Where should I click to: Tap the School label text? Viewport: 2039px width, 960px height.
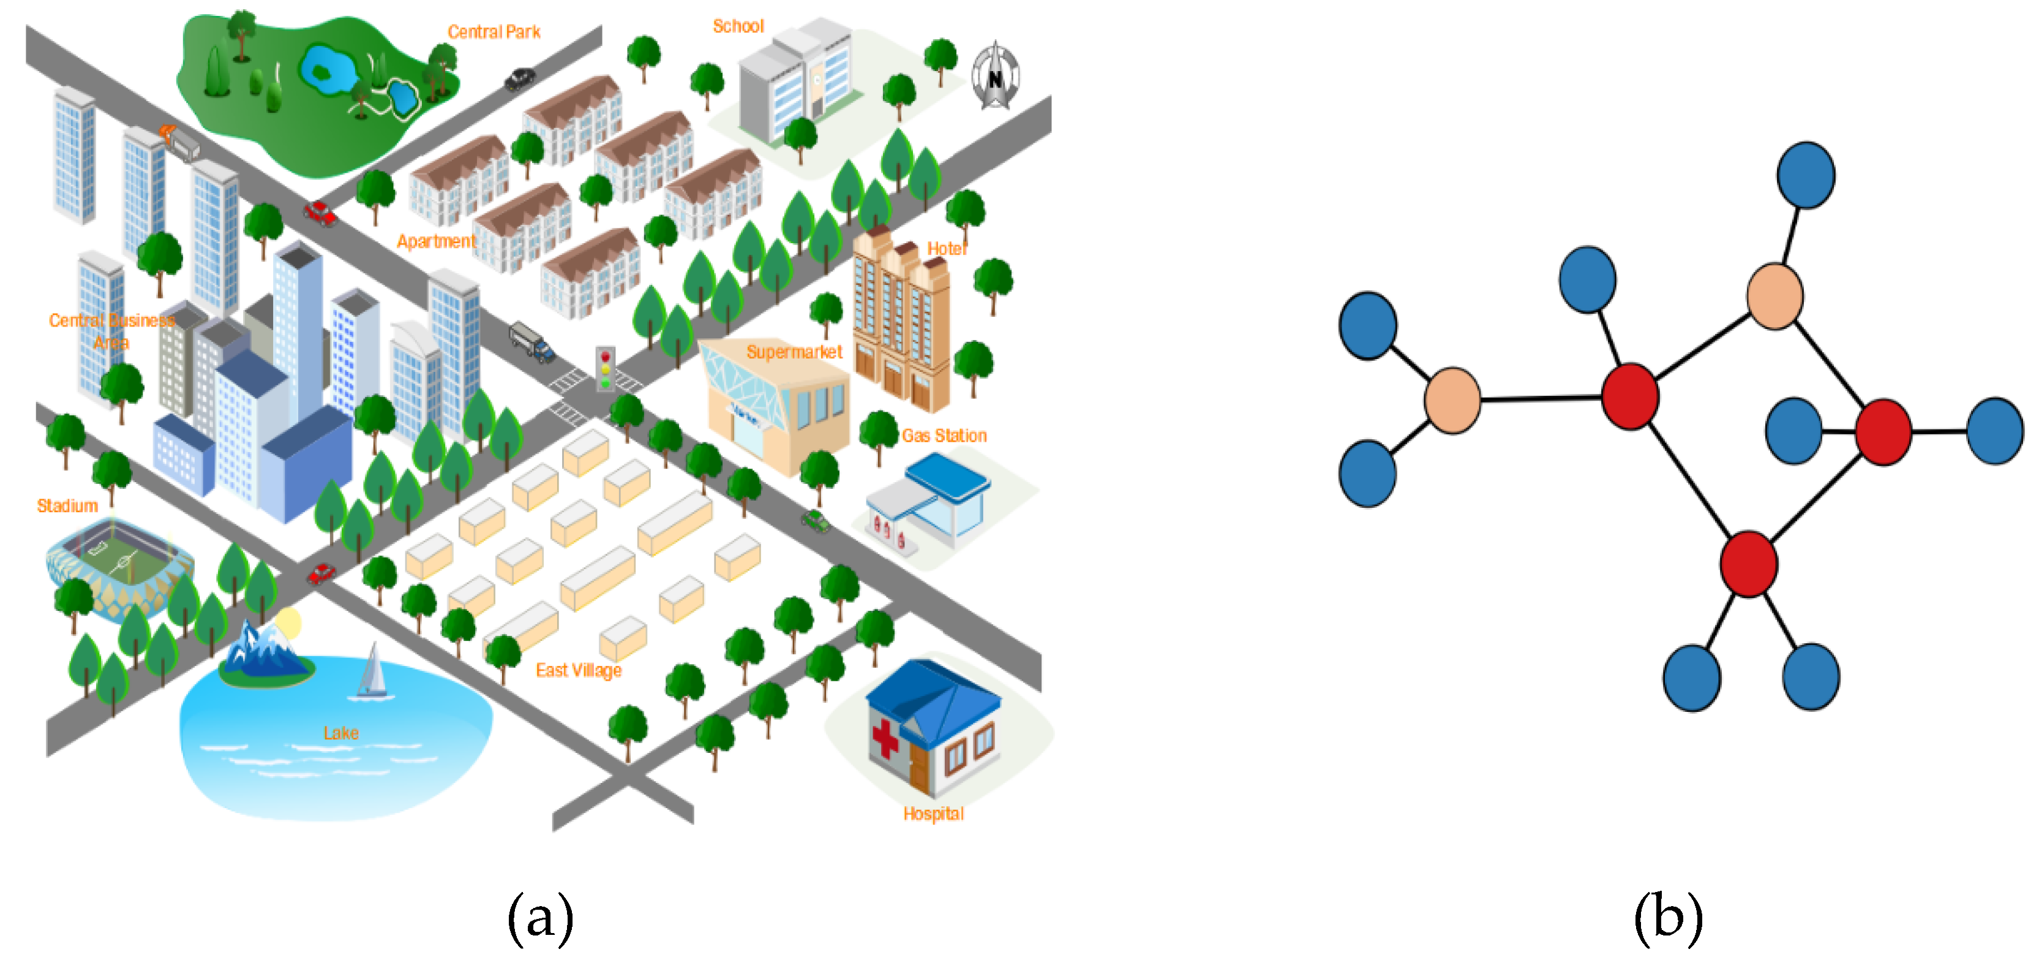click(x=738, y=26)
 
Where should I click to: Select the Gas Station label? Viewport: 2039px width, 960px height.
click(x=944, y=436)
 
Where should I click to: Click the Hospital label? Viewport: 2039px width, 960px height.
click(x=933, y=814)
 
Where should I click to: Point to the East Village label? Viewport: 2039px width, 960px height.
click(x=578, y=670)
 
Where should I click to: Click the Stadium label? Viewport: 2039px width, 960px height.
click(x=67, y=505)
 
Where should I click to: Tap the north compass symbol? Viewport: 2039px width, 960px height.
click(x=995, y=77)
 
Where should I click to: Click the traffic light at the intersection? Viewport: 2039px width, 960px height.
click(x=606, y=368)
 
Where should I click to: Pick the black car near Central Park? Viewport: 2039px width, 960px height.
click(x=519, y=79)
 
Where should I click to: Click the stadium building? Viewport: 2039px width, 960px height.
click(x=119, y=564)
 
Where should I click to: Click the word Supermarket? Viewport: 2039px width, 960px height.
click(x=794, y=352)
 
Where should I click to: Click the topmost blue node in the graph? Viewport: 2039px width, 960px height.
click(x=1806, y=175)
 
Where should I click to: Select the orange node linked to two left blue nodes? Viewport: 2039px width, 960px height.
click(x=1452, y=400)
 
